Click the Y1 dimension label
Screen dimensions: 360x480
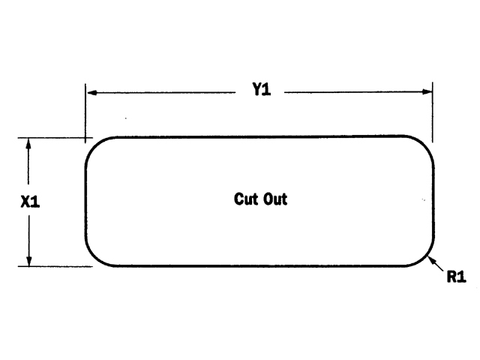pyautogui.click(x=260, y=91)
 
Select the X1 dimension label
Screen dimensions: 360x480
pyautogui.click(x=30, y=202)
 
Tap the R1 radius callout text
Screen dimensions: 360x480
pyautogui.click(x=456, y=277)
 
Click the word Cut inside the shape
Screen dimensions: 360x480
pyautogui.click(x=245, y=199)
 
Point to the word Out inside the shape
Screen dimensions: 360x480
pyautogui.click(x=274, y=199)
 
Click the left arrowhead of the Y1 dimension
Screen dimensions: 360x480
pyautogui.click(x=91, y=92)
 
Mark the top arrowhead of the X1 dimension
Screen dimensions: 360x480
pyautogui.click(x=28, y=142)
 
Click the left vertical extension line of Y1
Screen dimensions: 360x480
pyautogui.click(x=85, y=112)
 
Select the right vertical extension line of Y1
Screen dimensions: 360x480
pyautogui.click(x=433, y=112)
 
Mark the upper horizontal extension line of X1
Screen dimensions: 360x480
pyautogui.click(x=52, y=137)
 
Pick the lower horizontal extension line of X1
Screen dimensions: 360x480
pyautogui.click(x=52, y=266)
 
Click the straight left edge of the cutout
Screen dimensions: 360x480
pyautogui.click(x=86, y=201)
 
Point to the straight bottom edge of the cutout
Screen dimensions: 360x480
pyautogui.click(x=259, y=266)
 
